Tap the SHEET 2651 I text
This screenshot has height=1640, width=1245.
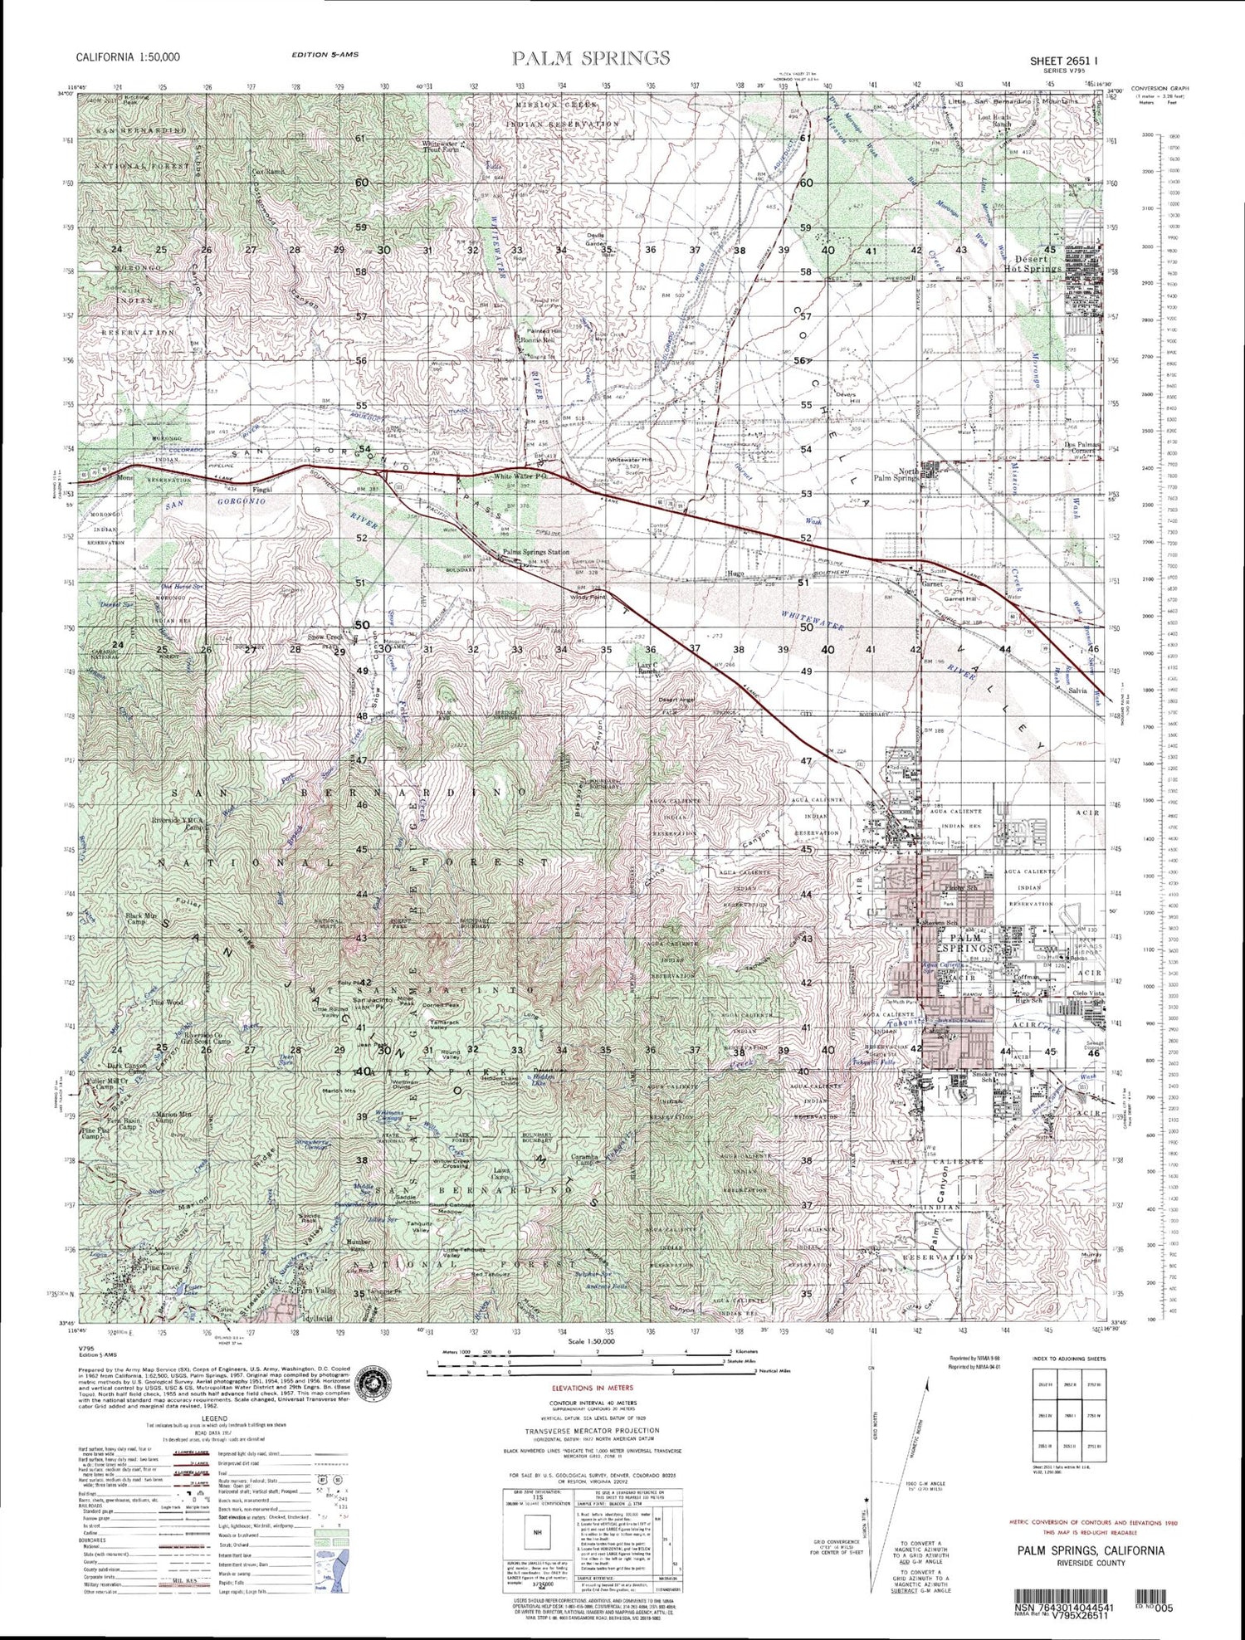point(1064,61)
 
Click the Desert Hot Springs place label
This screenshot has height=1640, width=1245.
point(1033,263)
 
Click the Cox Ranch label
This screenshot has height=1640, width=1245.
point(268,173)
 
